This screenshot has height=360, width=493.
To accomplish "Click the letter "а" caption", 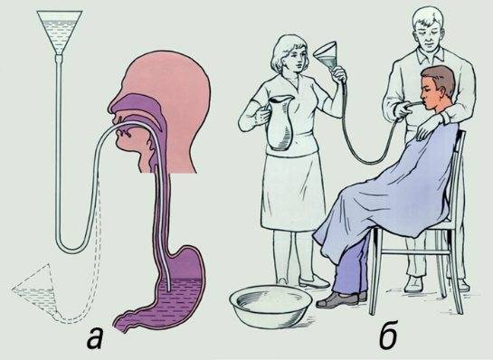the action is pyautogui.click(x=96, y=337).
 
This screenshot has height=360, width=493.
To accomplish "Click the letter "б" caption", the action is pyautogui.click(x=388, y=334).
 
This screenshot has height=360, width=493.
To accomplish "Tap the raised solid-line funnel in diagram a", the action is pyautogui.click(x=60, y=32).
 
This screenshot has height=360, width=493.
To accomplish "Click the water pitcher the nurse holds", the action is pyautogui.click(x=280, y=123).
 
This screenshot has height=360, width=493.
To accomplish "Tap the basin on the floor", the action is pyautogui.click(x=270, y=306).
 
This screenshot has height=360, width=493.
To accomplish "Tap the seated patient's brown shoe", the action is pyautogui.click(x=337, y=299).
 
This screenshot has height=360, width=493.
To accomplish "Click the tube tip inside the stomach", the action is pyautogui.click(x=169, y=289).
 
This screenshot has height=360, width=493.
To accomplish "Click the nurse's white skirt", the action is pyautogui.click(x=291, y=192).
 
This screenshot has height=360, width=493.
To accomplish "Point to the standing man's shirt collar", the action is pyautogui.click(x=431, y=53).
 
